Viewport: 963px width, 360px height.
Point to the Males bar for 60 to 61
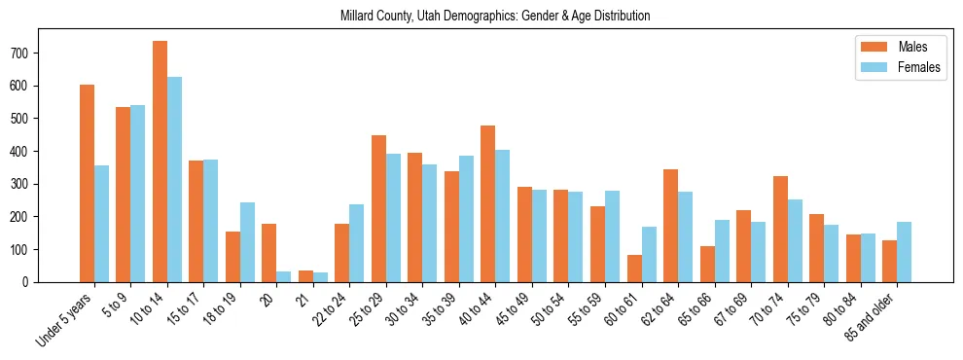point(633,269)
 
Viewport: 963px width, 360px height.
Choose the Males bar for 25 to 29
point(378,212)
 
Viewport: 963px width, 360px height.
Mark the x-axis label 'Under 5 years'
point(65,319)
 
